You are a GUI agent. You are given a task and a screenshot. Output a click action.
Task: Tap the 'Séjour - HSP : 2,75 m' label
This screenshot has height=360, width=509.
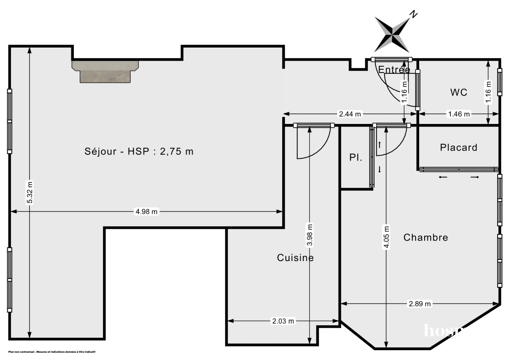pyautogui.click(x=139, y=151)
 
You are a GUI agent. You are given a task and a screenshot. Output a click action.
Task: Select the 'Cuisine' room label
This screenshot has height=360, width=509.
pyautogui.click(x=295, y=258)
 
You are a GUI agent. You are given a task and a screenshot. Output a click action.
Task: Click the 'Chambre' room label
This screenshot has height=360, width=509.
pyautogui.click(x=425, y=237)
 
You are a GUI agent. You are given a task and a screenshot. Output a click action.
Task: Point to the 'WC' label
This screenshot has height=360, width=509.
pyautogui.click(x=459, y=92)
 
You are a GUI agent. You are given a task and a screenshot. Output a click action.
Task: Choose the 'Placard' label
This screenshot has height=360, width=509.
pyautogui.click(x=459, y=148)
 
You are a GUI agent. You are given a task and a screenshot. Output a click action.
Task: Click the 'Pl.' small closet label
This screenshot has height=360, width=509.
pyautogui.click(x=355, y=157)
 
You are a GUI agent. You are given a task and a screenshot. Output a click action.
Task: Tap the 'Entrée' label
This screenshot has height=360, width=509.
pyautogui.click(x=394, y=70)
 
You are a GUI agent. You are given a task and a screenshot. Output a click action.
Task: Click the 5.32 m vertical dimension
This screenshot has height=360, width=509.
pyautogui.click(x=29, y=192)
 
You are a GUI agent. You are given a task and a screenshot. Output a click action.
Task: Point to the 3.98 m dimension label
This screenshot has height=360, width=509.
pyautogui.click(x=310, y=235)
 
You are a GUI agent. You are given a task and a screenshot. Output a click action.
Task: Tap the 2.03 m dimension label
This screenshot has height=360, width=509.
pyautogui.click(x=282, y=321)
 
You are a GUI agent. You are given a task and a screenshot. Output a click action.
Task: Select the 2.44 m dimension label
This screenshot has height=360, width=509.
pyautogui.click(x=350, y=114)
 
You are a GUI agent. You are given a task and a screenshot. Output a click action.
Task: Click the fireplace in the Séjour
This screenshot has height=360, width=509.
pyautogui.click(x=105, y=71)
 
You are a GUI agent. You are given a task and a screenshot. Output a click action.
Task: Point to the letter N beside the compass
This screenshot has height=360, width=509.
pyautogui.click(x=414, y=15)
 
